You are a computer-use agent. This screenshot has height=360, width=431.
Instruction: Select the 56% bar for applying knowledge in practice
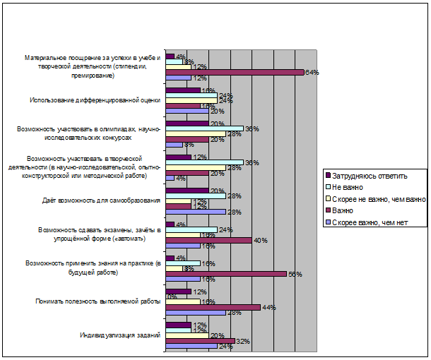[x=226, y=273]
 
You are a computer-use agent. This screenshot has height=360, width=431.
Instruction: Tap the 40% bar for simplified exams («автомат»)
[x=208, y=240]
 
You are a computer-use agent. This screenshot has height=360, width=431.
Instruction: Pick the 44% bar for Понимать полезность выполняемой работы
[x=213, y=307]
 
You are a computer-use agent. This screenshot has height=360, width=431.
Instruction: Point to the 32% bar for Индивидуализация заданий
[x=200, y=340]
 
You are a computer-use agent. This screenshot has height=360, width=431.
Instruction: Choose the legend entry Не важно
[x=346, y=186]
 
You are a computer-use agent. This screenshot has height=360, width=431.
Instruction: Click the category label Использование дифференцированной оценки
[x=95, y=100]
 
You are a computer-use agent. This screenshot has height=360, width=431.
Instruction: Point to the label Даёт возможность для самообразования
[x=102, y=200]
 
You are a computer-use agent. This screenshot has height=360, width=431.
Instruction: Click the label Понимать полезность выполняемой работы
[x=98, y=301]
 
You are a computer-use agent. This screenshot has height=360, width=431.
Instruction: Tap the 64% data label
[x=312, y=72]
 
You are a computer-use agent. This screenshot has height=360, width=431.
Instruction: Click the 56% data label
[x=294, y=274]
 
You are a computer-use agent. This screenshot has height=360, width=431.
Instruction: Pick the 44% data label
[x=268, y=307]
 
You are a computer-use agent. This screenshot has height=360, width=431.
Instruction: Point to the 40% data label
[x=259, y=241]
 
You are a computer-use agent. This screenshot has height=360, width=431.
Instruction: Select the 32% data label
[x=242, y=341]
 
